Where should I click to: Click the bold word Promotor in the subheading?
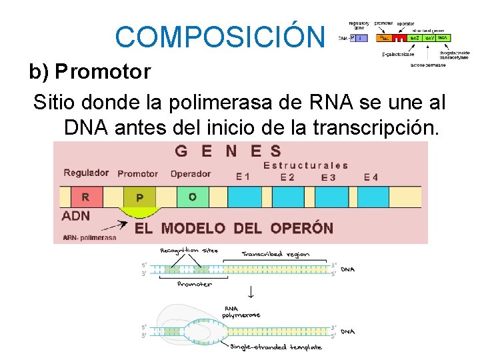[x=103, y=71]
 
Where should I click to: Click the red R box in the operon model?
[x=85, y=197]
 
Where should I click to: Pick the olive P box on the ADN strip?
[x=139, y=197]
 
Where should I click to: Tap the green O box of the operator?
[x=193, y=197]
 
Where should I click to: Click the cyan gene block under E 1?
[x=244, y=197]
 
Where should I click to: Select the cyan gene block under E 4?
[x=373, y=197]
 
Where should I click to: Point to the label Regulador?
[x=86, y=173]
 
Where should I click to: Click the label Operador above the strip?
[x=191, y=174]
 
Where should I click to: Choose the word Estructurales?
[x=306, y=165]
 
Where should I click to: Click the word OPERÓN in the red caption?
[x=302, y=228]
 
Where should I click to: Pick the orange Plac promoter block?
[x=384, y=38]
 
